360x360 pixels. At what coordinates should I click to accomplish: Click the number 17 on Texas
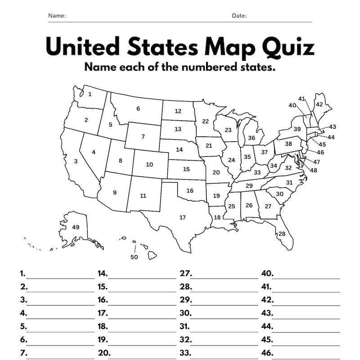coord(182,218)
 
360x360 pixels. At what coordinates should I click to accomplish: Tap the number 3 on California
coord(76,161)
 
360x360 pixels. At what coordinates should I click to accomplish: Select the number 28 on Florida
coord(282,234)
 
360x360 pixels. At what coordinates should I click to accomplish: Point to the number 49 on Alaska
coord(76,227)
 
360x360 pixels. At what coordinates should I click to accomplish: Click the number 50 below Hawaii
coord(134,257)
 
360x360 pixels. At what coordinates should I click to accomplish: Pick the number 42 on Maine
coord(319,104)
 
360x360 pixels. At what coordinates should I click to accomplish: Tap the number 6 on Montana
coord(138,108)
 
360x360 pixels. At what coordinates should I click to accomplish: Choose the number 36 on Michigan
coord(252,138)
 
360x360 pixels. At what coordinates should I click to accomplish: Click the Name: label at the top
coord(57,16)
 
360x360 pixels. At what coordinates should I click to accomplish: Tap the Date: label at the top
coord(239,16)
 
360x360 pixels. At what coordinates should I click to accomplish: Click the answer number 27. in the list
coord(186,273)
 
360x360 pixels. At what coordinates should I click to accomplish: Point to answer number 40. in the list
coord(267,273)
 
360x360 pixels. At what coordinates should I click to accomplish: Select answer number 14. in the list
coord(103,273)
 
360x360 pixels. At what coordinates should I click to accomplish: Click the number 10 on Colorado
coord(149,164)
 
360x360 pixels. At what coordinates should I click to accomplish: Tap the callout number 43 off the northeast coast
coord(333,127)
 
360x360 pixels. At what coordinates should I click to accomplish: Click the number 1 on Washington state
coord(90,94)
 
